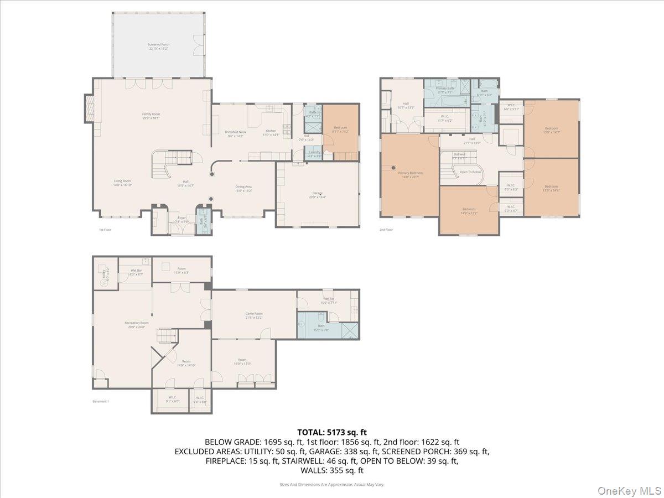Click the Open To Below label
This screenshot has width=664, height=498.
(x=470, y=172)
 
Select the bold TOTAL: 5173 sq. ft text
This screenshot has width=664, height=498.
(x=332, y=432)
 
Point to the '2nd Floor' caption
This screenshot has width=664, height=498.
(x=386, y=230)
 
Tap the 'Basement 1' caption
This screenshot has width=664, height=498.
(x=101, y=401)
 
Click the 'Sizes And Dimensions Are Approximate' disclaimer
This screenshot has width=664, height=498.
(x=331, y=484)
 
